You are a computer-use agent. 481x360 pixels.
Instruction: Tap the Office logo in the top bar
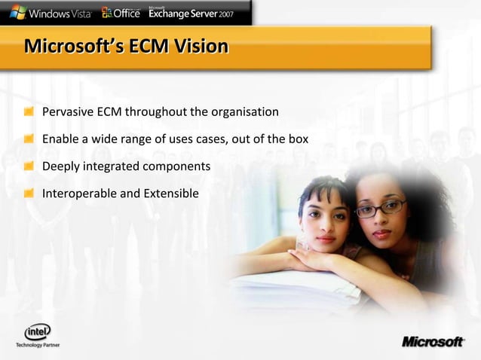point(121,12)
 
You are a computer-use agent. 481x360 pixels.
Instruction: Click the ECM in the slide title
point(148,47)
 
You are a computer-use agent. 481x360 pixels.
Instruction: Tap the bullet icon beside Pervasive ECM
point(28,112)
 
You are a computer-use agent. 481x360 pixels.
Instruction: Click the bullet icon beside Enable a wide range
point(28,139)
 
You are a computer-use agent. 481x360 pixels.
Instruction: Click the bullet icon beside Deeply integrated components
point(28,166)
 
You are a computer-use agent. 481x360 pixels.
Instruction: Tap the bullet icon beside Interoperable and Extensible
point(28,194)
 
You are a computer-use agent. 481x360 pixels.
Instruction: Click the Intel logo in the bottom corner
point(37,331)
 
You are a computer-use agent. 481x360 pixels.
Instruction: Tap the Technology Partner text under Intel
point(38,345)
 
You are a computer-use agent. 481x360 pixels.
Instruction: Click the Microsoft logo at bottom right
point(433,342)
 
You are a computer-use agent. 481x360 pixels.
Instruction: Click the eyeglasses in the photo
point(380,208)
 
